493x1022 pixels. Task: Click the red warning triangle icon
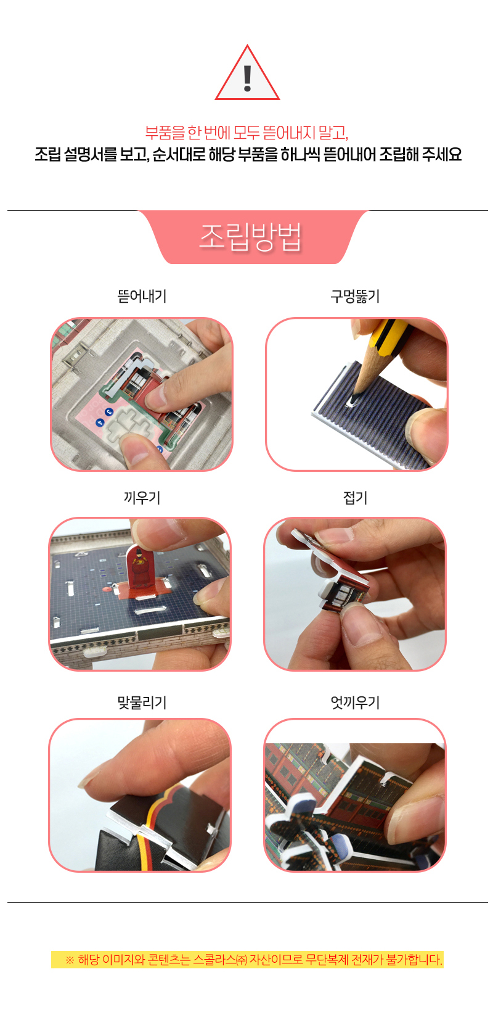tap(247, 73)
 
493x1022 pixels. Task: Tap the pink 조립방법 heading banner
tap(252, 237)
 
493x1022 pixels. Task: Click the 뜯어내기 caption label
tap(142, 296)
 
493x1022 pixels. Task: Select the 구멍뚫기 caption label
tap(355, 296)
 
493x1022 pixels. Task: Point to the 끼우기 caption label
tap(142, 497)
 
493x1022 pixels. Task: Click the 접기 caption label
tap(355, 497)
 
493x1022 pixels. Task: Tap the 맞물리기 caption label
tap(142, 702)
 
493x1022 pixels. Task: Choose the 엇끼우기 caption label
tap(355, 702)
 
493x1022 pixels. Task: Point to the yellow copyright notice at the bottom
tap(247, 960)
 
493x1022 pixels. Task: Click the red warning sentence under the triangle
tap(246, 133)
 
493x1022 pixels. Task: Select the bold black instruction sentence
tap(248, 154)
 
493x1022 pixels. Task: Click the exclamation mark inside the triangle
tap(248, 78)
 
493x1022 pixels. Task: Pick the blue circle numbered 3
tap(108, 412)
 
